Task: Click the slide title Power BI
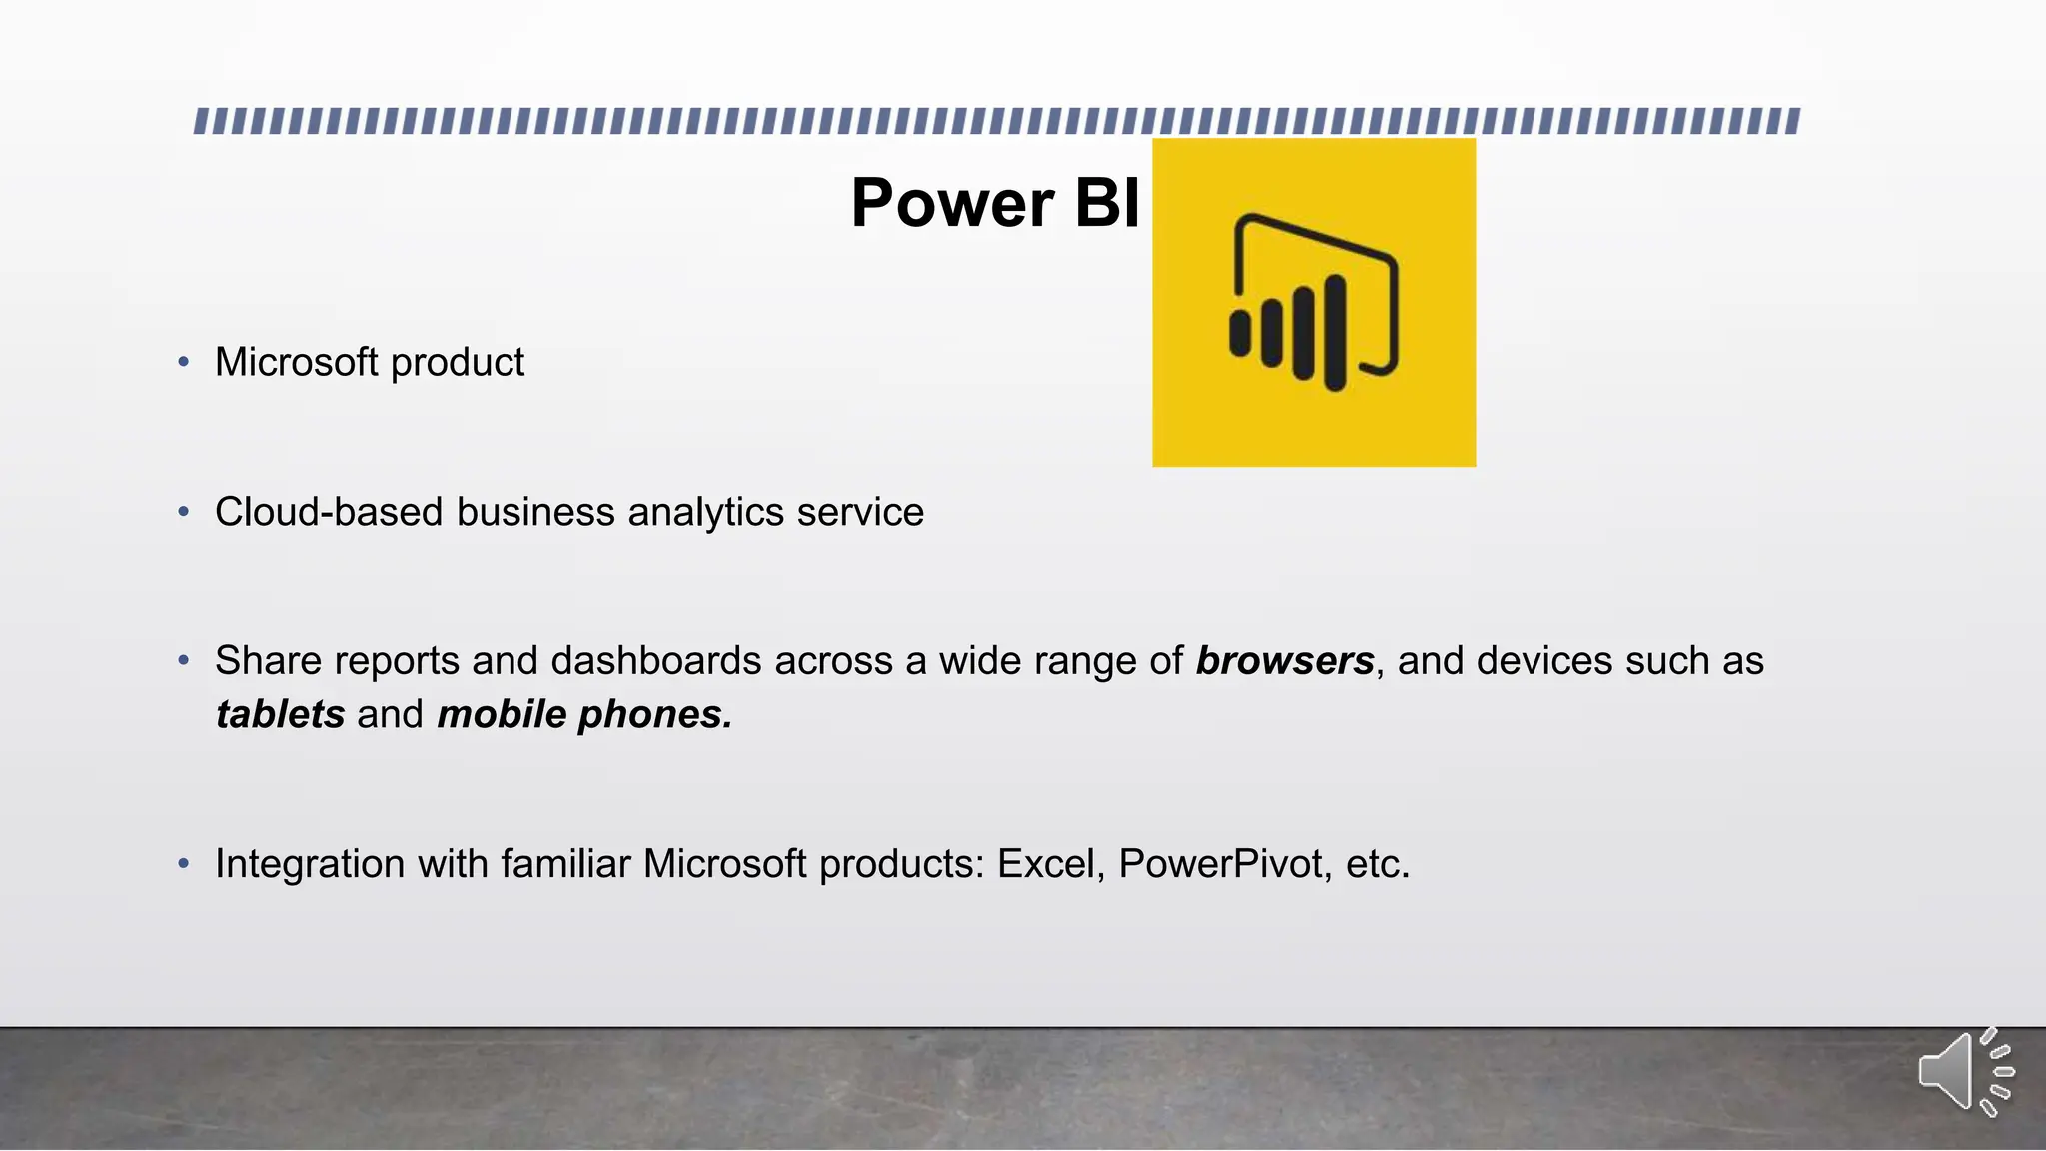coord(994,204)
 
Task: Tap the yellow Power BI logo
coord(1313,302)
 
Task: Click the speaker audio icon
coord(1963,1072)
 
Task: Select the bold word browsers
coord(1284,661)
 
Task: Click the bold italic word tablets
coord(280,715)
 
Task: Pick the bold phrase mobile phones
coord(584,715)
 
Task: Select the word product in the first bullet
coord(457,363)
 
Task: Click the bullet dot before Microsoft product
coord(183,362)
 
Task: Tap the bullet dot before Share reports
coord(183,660)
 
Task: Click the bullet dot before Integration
coord(183,863)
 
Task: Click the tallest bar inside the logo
coord(1335,334)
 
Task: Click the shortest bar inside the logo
coord(1240,334)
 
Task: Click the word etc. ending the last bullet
coord(1378,864)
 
